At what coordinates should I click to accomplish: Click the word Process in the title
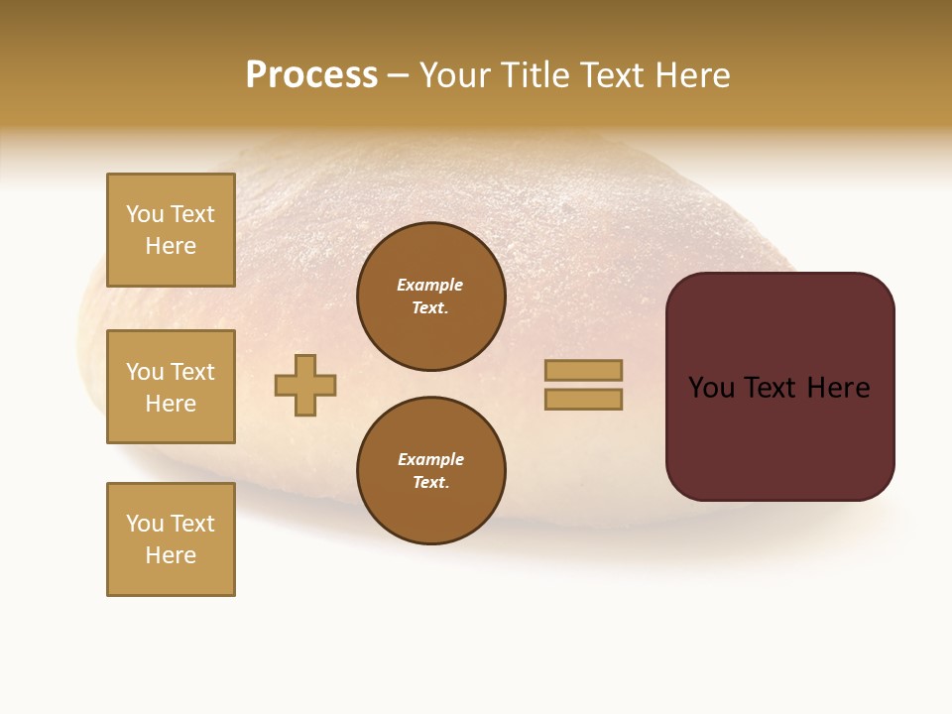[x=311, y=75]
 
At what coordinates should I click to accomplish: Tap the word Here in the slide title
[x=691, y=75]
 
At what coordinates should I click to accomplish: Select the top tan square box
[x=171, y=230]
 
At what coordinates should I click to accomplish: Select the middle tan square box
[x=171, y=387]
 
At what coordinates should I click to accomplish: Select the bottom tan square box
[x=171, y=539]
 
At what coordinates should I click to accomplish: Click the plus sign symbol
[x=305, y=385]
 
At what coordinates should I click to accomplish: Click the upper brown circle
[x=431, y=297]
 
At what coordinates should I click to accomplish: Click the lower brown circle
[x=431, y=471]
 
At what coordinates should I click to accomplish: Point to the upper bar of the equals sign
[x=583, y=370]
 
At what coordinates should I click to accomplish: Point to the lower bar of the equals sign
[x=583, y=400]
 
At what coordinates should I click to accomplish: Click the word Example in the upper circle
[x=429, y=285]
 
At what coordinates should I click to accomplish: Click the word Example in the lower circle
[x=430, y=459]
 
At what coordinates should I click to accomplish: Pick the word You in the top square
[x=145, y=214]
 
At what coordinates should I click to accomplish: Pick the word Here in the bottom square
[x=171, y=555]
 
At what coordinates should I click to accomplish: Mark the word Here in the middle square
[x=171, y=404]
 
